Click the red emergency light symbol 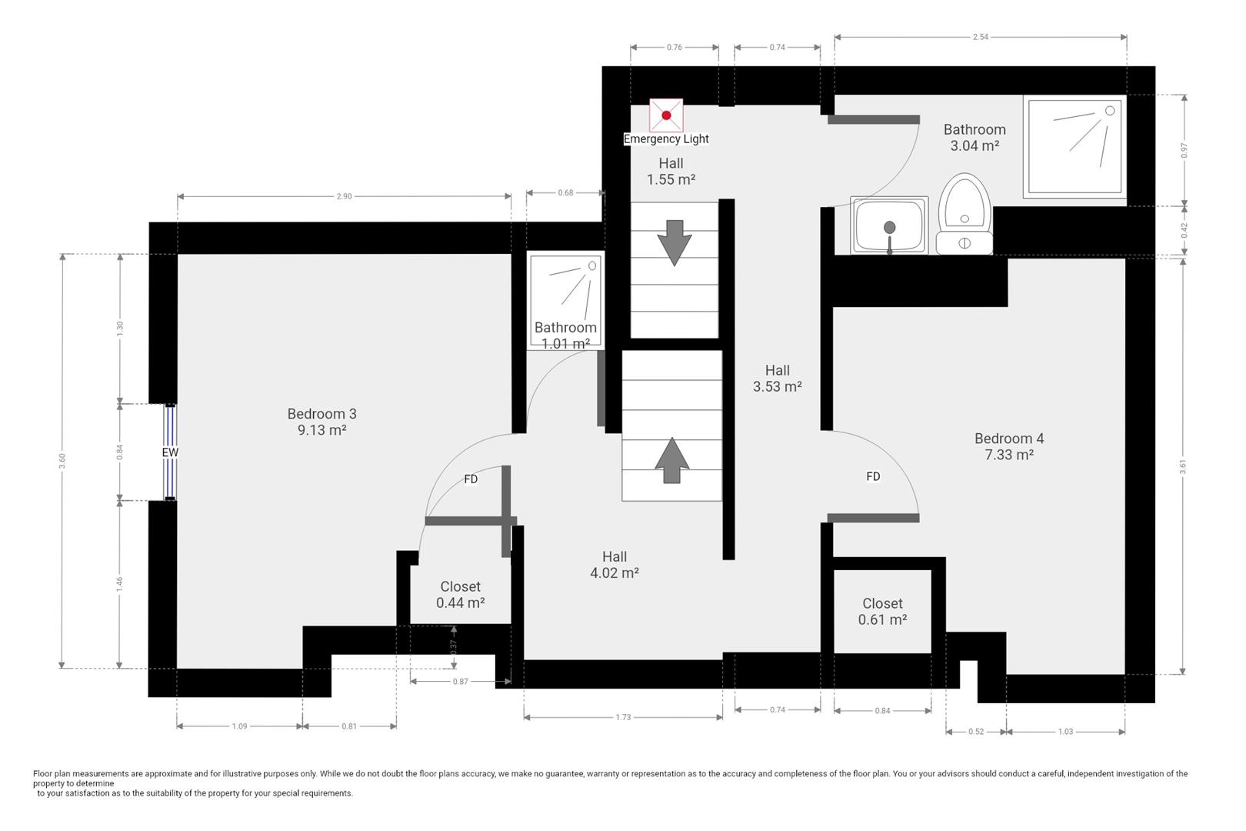[666, 115]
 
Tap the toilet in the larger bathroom [964, 214]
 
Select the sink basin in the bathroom [889, 225]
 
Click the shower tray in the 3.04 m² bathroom [1074, 145]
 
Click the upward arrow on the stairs [671, 460]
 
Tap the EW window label [170, 452]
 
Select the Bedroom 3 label [321, 414]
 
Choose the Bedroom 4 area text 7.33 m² [1008, 455]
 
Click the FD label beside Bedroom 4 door [873, 476]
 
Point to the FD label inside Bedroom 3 [471, 479]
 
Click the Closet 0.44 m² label [460, 595]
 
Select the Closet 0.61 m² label [882, 612]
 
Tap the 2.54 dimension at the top [980, 37]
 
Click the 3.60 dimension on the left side [62, 460]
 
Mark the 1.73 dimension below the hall [623, 717]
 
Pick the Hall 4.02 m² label [614, 565]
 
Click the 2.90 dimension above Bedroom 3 [344, 196]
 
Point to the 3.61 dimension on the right [1184, 466]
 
